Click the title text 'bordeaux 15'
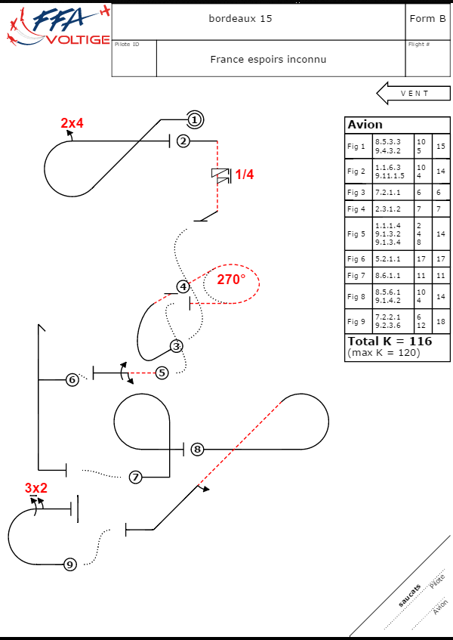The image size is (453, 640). click(240, 18)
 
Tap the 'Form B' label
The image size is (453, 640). click(427, 18)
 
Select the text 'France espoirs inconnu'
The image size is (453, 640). click(268, 59)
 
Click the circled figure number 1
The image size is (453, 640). click(194, 119)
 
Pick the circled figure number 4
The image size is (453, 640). click(183, 286)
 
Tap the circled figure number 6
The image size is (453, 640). click(72, 379)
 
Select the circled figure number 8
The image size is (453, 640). click(197, 449)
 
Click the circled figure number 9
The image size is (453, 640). click(69, 564)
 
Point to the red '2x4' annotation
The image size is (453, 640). click(72, 123)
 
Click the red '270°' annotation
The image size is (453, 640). click(231, 280)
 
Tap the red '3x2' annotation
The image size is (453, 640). click(35, 488)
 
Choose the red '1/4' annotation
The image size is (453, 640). click(245, 175)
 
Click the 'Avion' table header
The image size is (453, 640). click(365, 125)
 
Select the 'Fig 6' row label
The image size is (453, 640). click(356, 259)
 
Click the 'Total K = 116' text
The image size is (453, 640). click(390, 342)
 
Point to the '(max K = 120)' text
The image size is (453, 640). click(384, 353)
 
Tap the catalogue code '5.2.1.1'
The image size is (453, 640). click(389, 259)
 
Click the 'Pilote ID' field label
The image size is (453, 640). click(127, 45)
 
